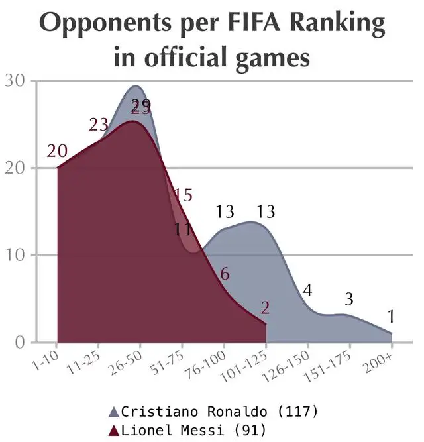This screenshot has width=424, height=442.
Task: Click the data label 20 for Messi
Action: tap(58, 151)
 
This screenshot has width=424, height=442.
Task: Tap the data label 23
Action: tap(99, 125)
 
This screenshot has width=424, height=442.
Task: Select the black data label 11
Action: tap(184, 230)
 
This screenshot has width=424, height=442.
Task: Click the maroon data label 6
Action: tap(224, 274)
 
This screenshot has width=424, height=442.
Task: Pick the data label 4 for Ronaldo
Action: tap(307, 290)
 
